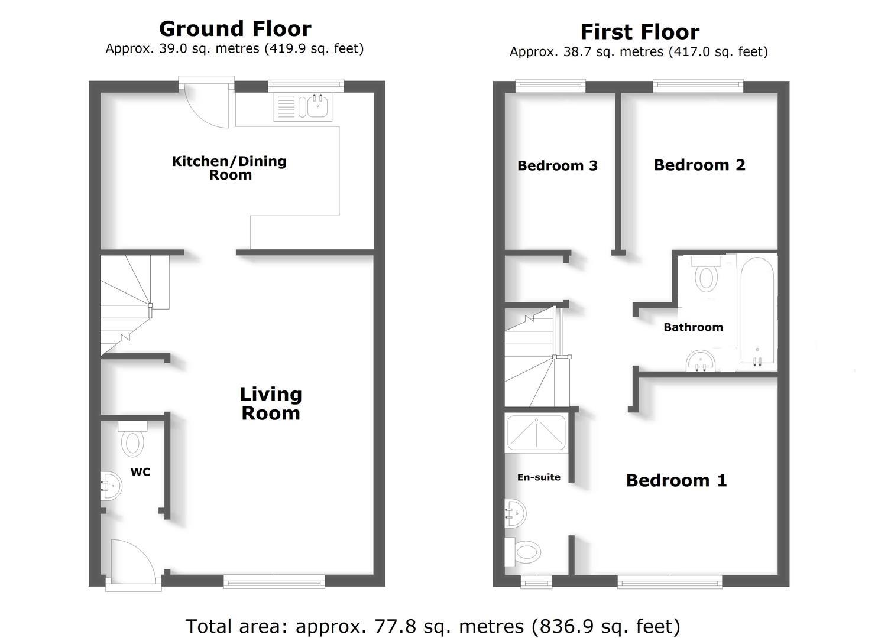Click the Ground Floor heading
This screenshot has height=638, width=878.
[x=235, y=29]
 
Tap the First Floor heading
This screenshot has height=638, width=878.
[x=640, y=32]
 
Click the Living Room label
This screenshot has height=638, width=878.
[x=271, y=403]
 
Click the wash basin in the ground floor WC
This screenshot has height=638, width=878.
[x=111, y=485]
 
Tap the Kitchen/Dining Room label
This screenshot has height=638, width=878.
[x=229, y=168]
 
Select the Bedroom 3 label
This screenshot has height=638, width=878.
[x=558, y=166]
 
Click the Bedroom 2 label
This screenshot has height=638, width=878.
[x=699, y=165]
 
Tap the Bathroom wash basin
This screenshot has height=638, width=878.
[x=701, y=361]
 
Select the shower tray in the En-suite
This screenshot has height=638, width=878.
[x=536, y=433]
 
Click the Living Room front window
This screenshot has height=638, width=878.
[x=274, y=582]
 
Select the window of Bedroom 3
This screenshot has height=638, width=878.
[x=550, y=86]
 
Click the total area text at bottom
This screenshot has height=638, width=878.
[x=433, y=626]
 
